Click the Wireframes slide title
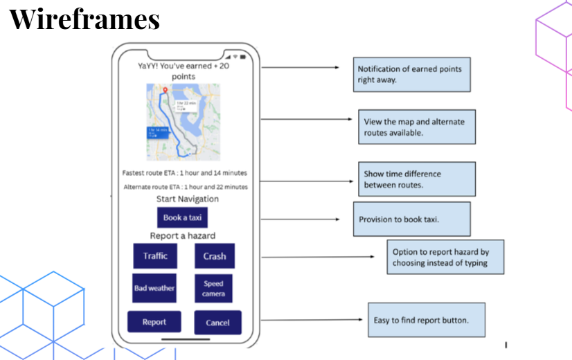[84, 19]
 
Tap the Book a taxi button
[182, 217]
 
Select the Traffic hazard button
[155, 255]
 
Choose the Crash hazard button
[214, 256]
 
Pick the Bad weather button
[154, 288]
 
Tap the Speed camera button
[213, 289]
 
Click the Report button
[154, 322]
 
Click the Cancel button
[217, 323]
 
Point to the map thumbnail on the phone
[183, 122]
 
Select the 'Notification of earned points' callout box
[411, 74]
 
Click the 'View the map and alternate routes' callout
[416, 127]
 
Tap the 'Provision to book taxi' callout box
[411, 219]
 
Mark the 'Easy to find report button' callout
[425, 320]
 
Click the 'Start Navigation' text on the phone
[188, 199]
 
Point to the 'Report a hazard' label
[183, 236]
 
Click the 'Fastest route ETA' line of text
[184, 173]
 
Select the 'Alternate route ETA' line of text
[186, 187]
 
